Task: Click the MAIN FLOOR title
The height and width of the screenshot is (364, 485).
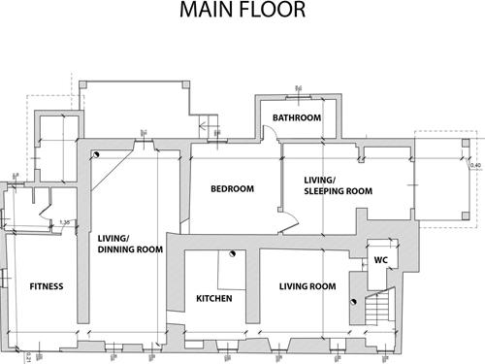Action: click(x=242, y=11)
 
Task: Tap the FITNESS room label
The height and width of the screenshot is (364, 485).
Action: click(x=46, y=286)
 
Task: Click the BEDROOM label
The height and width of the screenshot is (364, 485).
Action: click(x=232, y=189)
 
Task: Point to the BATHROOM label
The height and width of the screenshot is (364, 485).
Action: click(x=296, y=118)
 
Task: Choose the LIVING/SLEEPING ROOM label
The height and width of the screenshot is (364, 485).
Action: click(x=339, y=185)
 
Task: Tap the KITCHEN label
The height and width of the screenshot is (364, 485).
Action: click(x=214, y=298)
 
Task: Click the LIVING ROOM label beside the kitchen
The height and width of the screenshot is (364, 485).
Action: click(x=307, y=286)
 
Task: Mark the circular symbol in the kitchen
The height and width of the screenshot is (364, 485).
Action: click(x=234, y=254)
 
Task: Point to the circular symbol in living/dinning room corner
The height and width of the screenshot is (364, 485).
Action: click(x=96, y=155)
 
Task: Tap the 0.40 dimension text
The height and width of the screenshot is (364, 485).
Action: click(x=474, y=165)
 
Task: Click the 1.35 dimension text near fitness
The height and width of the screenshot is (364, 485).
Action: click(x=65, y=222)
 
